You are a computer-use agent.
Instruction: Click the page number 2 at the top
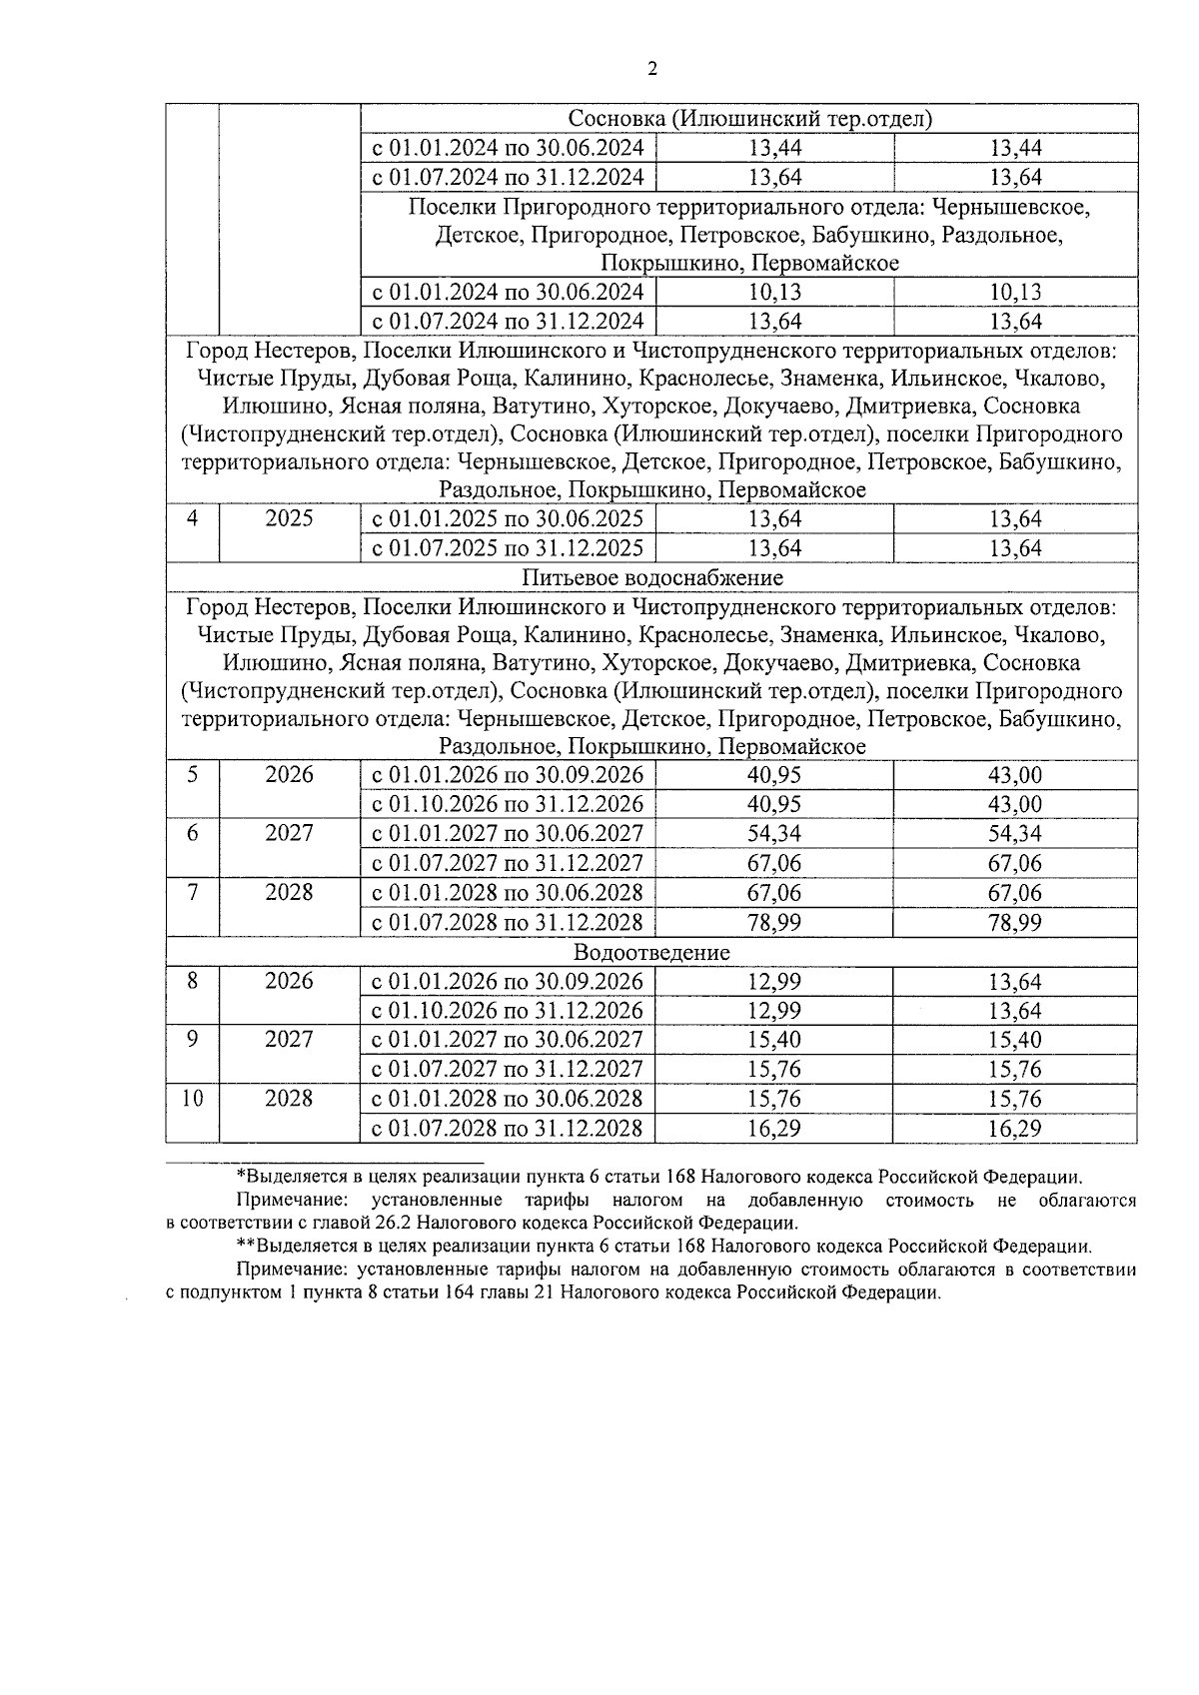pos(652,69)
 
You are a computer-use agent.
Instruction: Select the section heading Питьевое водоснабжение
pos(652,578)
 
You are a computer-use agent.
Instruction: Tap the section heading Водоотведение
pos(652,952)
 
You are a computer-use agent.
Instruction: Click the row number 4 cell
pos(192,519)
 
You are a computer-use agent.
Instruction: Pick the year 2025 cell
pos(289,519)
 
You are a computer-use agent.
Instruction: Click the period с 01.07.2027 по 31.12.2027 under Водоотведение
pos(508,1070)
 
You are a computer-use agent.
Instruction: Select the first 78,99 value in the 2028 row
pos(774,923)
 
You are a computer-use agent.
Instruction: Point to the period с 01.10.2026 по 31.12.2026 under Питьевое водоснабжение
pos(508,805)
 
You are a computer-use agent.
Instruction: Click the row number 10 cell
pos(192,1099)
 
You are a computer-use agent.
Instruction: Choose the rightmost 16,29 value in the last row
pos(1015,1129)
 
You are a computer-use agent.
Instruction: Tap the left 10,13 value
pos(774,293)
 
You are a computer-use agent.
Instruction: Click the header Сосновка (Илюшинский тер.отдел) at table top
pos(749,119)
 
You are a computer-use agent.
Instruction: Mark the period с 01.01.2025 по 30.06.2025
pos(508,519)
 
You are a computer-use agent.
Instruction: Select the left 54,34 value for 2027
pos(774,834)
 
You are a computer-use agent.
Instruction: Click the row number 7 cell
pos(192,893)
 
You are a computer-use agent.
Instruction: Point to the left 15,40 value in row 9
pos(774,1040)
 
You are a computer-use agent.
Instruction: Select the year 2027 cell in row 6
pos(289,834)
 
